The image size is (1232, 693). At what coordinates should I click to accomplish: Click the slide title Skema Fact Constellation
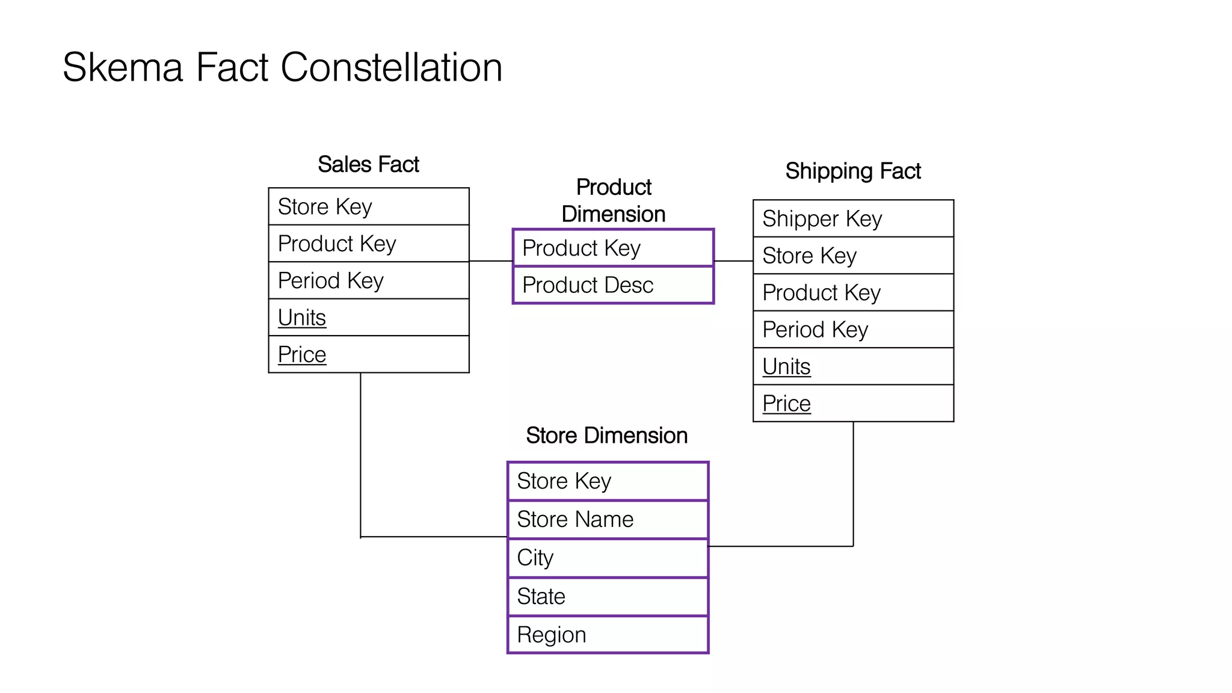(282, 67)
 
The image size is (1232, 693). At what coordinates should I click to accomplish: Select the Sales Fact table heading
(368, 164)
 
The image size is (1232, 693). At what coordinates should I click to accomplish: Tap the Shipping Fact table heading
(853, 171)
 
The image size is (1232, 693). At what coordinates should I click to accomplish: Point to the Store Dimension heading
(606, 436)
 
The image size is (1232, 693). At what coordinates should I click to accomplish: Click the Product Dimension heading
(614, 200)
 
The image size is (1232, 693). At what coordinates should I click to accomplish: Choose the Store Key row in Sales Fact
(368, 206)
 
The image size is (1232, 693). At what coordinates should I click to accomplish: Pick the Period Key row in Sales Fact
(368, 280)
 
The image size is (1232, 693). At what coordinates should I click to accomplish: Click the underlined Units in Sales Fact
(302, 318)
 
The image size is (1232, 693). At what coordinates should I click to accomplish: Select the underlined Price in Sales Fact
(302, 354)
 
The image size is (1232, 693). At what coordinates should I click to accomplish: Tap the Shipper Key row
(853, 218)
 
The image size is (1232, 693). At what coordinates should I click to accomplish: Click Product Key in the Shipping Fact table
(853, 292)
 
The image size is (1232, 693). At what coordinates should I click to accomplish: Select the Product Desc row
(613, 285)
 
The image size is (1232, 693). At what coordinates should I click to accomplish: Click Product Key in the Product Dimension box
(613, 248)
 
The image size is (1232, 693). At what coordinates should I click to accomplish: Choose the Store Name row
(608, 519)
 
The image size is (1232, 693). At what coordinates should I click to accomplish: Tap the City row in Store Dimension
(608, 558)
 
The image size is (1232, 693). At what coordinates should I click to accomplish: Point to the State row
(608, 596)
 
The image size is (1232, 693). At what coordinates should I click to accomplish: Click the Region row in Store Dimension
(608, 635)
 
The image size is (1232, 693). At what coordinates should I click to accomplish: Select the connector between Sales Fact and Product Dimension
(490, 261)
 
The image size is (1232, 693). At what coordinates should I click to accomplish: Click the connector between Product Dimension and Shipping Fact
(733, 261)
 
